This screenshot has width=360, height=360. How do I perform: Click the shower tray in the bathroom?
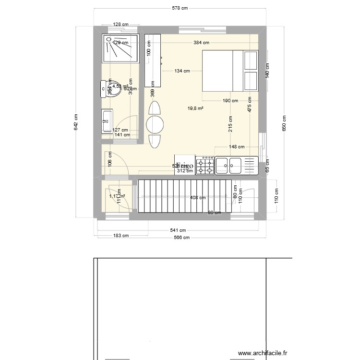click(x=120, y=48)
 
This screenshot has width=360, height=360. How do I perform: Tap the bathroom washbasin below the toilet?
click(x=107, y=120)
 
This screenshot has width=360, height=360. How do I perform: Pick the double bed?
click(x=229, y=71)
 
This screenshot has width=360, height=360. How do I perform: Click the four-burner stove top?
click(x=205, y=165)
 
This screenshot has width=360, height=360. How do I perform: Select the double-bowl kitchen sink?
click(x=229, y=166)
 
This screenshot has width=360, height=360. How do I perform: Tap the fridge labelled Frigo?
click(x=185, y=165)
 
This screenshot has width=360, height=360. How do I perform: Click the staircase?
click(x=185, y=196)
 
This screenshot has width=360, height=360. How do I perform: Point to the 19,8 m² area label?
click(x=195, y=108)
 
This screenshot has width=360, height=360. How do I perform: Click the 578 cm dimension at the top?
click(x=180, y=8)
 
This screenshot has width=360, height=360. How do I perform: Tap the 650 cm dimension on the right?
click(x=284, y=123)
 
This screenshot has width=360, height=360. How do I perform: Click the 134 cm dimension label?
click(x=182, y=71)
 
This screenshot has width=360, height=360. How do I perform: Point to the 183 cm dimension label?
click(x=120, y=236)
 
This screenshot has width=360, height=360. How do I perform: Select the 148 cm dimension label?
click(x=237, y=147)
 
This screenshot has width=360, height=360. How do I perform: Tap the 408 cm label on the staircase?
click(x=198, y=197)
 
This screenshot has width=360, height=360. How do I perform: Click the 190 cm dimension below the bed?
click(x=230, y=101)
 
